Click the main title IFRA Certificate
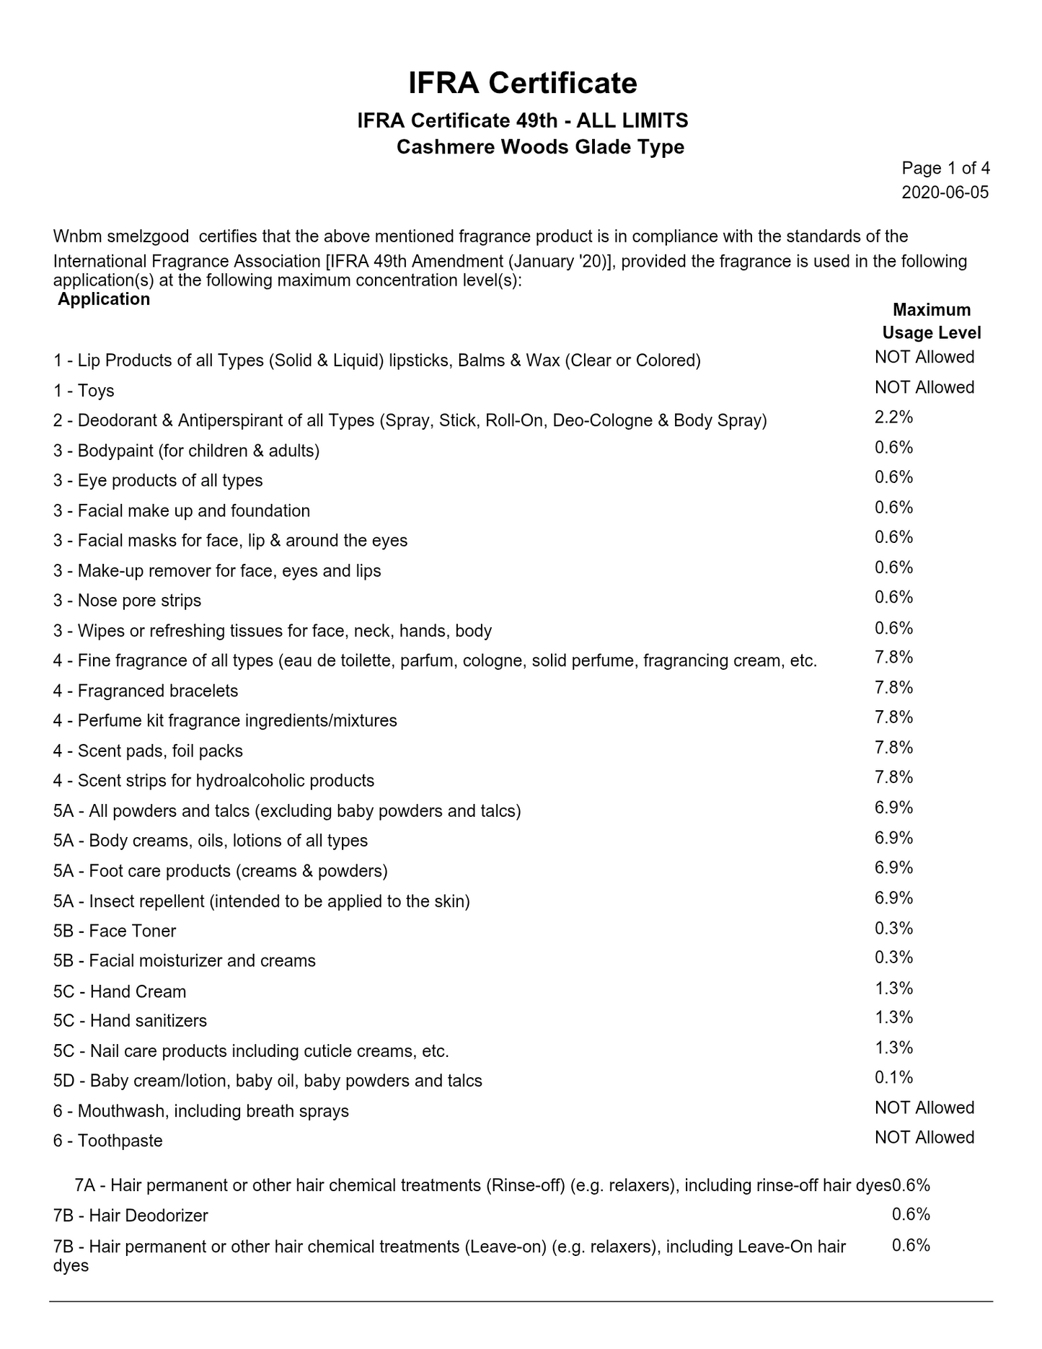(x=522, y=84)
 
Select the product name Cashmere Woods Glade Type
(x=540, y=147)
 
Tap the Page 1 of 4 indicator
(x=945, y=169)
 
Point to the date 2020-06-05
(x=945, y=193)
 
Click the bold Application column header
(x=104, y=299)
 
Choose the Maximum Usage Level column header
(x=932, y=321)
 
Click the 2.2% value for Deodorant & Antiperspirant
(x=894, y=417)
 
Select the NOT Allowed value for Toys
(x=924, y=387)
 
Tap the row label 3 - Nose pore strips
(x=127, y=601)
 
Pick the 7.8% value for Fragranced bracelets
(x=894, y=687)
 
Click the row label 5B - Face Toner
(x=114, y=931)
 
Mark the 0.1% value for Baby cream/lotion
(x=894, y=1077)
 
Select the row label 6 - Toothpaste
(x=107, y=1141)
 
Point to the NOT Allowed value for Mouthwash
(x=924, y=1107)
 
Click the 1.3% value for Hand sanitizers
(x=894, y=1017)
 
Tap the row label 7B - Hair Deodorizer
(x=131, y=1216)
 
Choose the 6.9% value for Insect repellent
(x=894, y=898)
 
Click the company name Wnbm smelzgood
(x=121, y=236)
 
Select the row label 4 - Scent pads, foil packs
(x=148, y=751)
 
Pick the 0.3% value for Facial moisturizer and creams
(x=894, y=957)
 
